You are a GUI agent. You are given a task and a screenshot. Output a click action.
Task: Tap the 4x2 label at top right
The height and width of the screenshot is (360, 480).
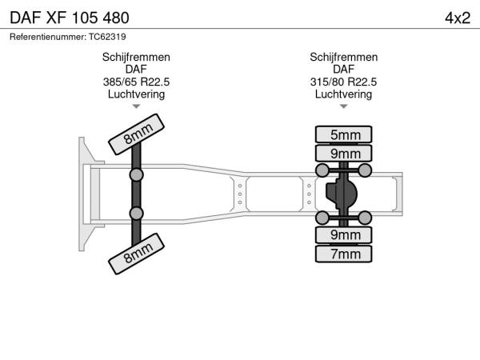point(458,17)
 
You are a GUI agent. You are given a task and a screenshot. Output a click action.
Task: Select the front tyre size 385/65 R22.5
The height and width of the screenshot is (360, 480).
point(136,82)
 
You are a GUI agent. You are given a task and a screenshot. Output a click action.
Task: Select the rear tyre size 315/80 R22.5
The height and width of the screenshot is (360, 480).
point(344,82)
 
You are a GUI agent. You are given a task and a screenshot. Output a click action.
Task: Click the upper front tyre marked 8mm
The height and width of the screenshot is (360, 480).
point(137,133)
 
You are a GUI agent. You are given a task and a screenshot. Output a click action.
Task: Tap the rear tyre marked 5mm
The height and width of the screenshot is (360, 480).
point(344,134)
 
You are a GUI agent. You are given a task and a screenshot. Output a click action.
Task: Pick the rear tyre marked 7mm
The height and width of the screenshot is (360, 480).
point(344,254)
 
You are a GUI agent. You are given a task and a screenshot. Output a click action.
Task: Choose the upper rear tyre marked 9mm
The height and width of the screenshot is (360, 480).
point(344,153)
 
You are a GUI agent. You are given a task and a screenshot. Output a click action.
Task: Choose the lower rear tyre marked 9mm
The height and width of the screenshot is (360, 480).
point(344,235)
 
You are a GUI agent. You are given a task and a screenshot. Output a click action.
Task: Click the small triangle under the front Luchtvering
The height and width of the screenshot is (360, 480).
point(136,106)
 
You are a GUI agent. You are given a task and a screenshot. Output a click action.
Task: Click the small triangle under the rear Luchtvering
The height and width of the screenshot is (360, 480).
point(344,106)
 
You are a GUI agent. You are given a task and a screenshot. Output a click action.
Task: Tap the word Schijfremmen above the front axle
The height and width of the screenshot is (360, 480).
point(136,58)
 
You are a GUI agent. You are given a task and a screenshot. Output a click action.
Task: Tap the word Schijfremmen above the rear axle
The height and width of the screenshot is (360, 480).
point(344,58)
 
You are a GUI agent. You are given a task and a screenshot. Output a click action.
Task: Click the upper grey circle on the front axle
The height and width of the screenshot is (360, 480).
point(137,174)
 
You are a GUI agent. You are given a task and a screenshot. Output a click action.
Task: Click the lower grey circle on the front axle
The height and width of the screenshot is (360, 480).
point(137,213)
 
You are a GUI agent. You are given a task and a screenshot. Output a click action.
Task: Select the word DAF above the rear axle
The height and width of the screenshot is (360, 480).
point(344,70)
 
